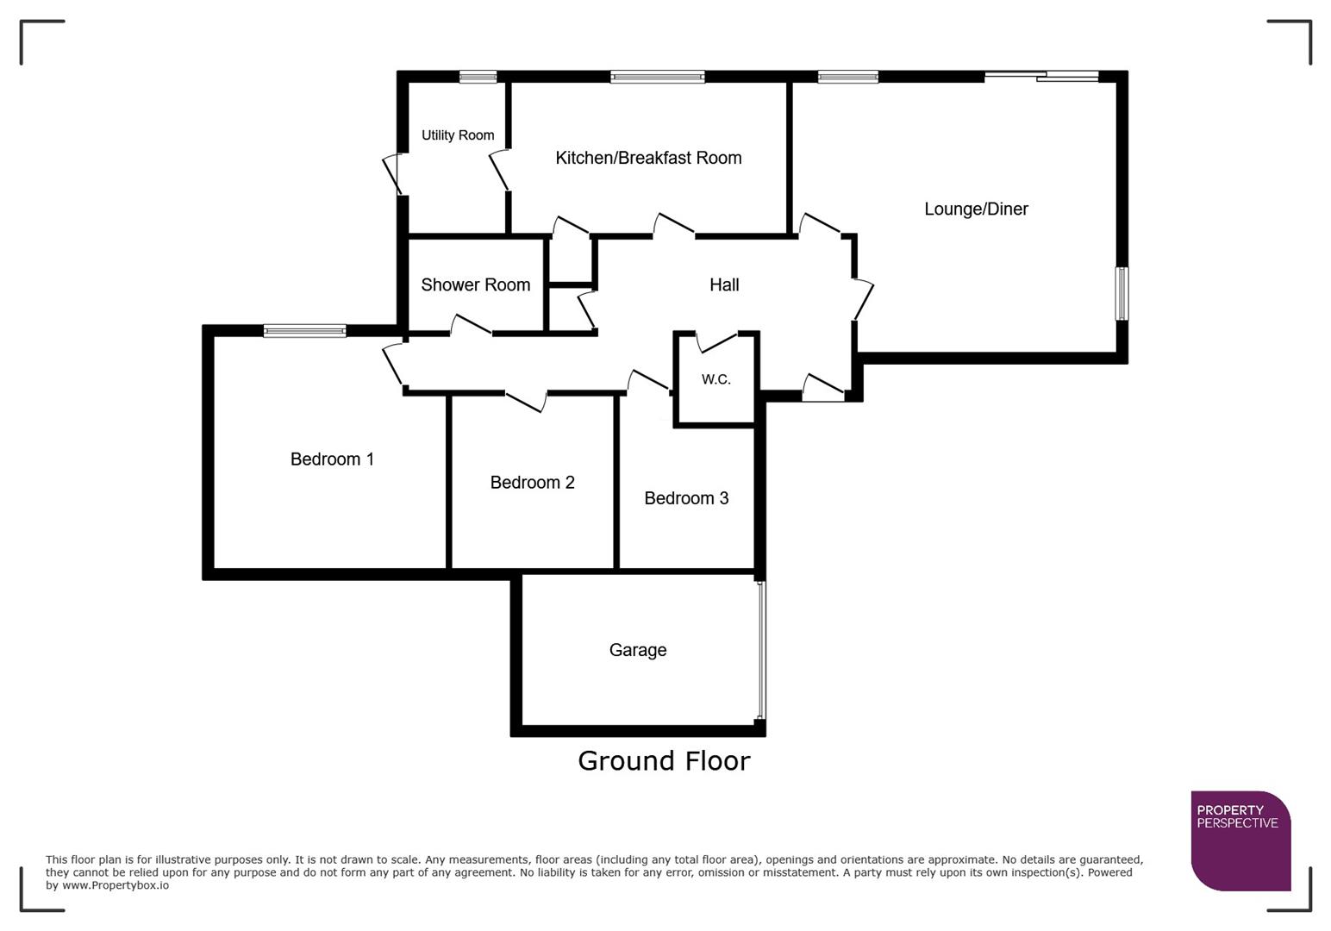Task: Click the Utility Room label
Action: pyautogui.click(x=458, y=135)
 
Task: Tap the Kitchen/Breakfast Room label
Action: pyautogui.click(x=648, y=158)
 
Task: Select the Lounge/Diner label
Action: pyautogui.click(x=976, y=209)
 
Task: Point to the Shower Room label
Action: pyautogui.click(x=475, y=285)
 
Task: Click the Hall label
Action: pyautogui.click(x=724, y=285)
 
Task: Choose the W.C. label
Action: pyautogui.click(x=715, y=379)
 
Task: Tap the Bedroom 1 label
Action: pyautogui.click(x=332, y=459)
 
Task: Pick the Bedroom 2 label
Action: pyautogui.click(x=532, y=483)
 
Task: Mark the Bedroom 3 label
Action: pyautogui.click(x=686, y=498)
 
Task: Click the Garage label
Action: pyautogui.click(x=638, y=651)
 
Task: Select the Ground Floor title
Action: pyautogui.click(x=664, y=761)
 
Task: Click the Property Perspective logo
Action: pyautogui.click(x=1240, y=840)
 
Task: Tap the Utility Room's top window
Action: pyautogui.click(x=478, y=77)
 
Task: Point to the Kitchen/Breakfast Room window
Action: pyautogui.click(x=658, y=77)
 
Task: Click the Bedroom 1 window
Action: pyautogui.click(x=304, y=330)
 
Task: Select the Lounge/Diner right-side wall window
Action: pyautogui.click(x=1122, y=294)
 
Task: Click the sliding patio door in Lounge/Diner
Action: pyautogui.click(x=1041, y=77)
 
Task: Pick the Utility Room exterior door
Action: pyautogui.click(x=392, y=174)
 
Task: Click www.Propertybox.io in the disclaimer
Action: pyautogui.click(x=116, y=885)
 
